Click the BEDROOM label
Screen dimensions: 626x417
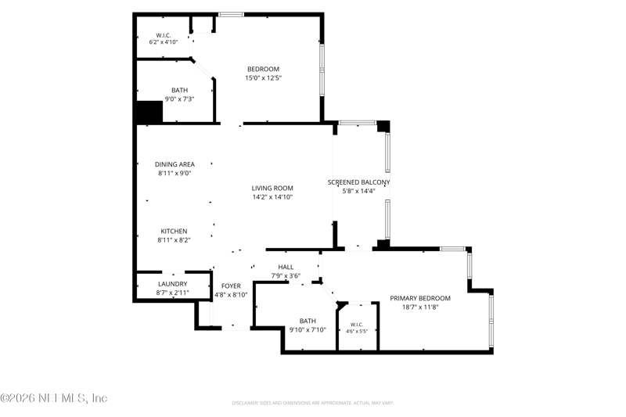(263, 69)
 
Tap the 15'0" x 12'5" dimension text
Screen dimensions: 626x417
(263, 78)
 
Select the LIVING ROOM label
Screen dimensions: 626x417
(272, 188)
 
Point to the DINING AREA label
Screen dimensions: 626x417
(174, 164)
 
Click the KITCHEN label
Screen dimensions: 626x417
(174, 232)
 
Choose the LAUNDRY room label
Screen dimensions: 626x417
(172, 284)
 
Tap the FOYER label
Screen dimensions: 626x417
(231, 286)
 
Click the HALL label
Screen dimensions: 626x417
(286, 268)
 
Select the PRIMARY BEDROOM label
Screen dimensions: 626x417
(420, 299)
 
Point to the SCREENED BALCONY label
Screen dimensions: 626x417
(358, 182)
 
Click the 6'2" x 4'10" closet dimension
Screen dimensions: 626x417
(164, 42)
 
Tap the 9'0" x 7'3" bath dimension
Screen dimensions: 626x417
(179, 99)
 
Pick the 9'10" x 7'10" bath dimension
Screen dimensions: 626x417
(308, 330)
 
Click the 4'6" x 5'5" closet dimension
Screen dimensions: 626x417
(357, 331)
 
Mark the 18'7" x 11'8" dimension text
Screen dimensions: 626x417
(420, 307)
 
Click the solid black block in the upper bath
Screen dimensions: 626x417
(149, 112)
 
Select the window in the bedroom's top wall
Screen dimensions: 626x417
(231, 15)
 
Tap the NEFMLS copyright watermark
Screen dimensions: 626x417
(54, 398)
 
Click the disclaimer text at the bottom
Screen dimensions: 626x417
(313, 403)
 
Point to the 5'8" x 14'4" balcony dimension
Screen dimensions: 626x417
(358, 191)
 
